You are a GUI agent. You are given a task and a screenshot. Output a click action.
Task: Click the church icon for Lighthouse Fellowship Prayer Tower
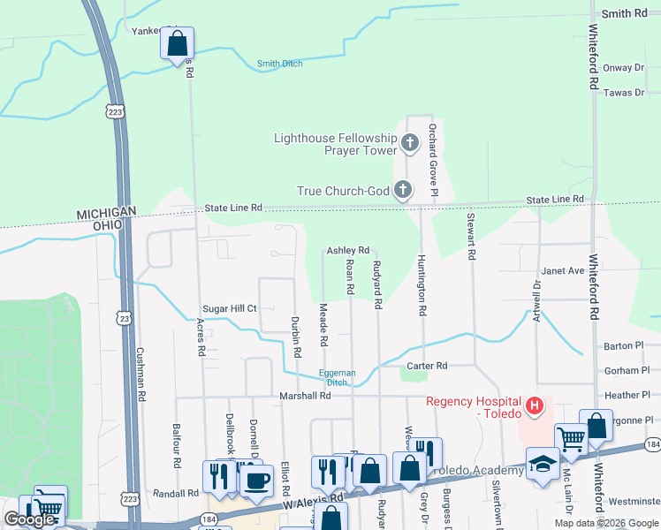(409, 141)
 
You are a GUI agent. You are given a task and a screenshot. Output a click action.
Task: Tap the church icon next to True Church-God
(402, 189)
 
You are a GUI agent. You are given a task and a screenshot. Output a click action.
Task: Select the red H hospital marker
(534, 406)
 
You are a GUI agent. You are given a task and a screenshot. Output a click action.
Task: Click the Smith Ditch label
(279, 64)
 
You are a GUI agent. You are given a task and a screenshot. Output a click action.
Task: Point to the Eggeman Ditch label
(338, 377)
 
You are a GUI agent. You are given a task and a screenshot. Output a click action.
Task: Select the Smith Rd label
(624, 14)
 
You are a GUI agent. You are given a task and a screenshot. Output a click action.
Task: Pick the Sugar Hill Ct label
(230, 308)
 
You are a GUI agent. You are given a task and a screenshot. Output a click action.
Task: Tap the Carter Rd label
(427, 366)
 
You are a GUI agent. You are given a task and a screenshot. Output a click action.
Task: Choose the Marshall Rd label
(305, 397)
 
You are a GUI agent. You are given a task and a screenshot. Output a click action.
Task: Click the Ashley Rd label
(347, 251)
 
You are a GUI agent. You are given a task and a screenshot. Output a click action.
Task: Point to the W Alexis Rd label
(313, 500)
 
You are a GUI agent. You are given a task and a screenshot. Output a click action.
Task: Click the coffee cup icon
(257, 481)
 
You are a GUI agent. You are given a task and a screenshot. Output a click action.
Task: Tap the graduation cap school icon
(542, 465)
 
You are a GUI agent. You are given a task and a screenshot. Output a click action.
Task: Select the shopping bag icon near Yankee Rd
(177, 42)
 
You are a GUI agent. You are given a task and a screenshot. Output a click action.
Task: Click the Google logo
(30, 519)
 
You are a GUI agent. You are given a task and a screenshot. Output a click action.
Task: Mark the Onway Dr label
(619, 68)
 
